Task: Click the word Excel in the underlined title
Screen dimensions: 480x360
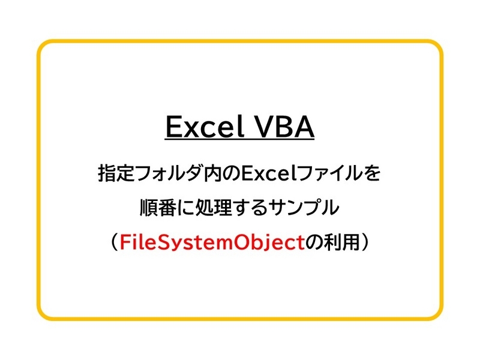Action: [205, 127]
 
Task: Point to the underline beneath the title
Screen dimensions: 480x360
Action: [239, 140]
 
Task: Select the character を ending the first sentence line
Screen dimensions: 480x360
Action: [371, 173]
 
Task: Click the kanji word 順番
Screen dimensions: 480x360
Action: [158, 208]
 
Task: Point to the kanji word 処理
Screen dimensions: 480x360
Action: [214, 208]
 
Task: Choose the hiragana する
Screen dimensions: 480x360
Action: [250, 208]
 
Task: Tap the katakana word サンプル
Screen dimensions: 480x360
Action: [304, 208]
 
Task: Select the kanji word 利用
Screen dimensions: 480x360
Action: [341, 242]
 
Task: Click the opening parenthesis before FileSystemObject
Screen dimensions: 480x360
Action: [114, 242]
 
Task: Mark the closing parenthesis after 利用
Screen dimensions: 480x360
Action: [365, 242]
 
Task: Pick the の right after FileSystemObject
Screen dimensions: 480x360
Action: [314, 243]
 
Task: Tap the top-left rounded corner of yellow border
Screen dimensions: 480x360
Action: [42, 44]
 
